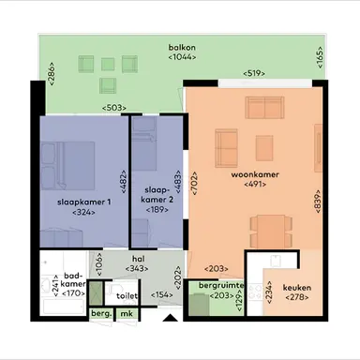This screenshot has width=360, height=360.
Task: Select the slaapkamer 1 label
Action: point(83,202)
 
